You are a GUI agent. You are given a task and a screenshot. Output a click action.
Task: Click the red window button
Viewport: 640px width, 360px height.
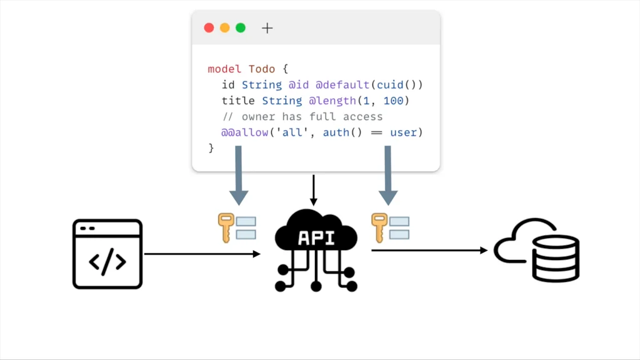point(209,28)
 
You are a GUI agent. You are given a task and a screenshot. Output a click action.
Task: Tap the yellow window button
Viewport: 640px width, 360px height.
point(224,28)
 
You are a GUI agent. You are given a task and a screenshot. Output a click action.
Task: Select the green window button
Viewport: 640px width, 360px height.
point(240,28)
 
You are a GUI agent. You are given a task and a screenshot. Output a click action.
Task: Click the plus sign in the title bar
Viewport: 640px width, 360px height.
point(267,28)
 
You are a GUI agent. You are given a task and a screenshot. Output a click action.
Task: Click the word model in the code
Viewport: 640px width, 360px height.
point(224,69)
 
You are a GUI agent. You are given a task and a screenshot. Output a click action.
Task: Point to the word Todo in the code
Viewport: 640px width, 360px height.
point(261,69)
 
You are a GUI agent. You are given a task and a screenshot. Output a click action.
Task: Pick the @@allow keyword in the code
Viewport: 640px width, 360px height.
point(245,132)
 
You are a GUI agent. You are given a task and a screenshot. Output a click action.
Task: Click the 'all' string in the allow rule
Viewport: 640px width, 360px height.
point(293,132)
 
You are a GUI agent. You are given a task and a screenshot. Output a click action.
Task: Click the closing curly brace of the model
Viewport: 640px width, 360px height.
point(211,148)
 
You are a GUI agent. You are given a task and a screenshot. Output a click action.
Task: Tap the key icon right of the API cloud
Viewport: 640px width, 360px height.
point(378,227)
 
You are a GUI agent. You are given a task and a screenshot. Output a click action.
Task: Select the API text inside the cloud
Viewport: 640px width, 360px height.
point(316,238)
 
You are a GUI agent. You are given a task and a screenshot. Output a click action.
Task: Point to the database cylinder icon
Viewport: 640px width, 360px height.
point(556,258)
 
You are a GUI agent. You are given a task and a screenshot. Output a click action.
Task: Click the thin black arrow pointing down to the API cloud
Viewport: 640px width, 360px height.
point(314,191)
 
